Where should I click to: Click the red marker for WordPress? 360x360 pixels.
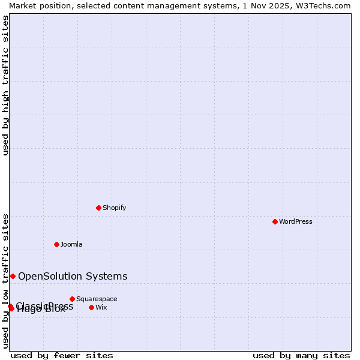[275, 221]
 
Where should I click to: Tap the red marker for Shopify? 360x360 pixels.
[98, 208]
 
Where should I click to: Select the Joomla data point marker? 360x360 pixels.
[56, 244]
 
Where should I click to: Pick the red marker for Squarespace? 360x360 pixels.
[72, 299]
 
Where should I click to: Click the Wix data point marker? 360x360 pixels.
[91, 307]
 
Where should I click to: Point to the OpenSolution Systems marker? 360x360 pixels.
[13, 276]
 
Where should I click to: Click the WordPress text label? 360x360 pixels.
[296, 221]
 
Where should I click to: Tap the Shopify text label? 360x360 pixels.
[114, 208]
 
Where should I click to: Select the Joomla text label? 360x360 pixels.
[71, 244]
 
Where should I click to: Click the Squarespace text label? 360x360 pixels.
[97, 299]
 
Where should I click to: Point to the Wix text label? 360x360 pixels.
[101, 307]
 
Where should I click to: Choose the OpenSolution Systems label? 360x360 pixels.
[73, 276]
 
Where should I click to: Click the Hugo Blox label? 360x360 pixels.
[41, 310]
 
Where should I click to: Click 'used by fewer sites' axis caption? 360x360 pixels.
[62, 355]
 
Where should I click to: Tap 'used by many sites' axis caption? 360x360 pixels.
[301, 355]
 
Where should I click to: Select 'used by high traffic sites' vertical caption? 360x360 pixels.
[5, 85]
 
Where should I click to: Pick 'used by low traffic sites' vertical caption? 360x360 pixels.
[5, 280]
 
